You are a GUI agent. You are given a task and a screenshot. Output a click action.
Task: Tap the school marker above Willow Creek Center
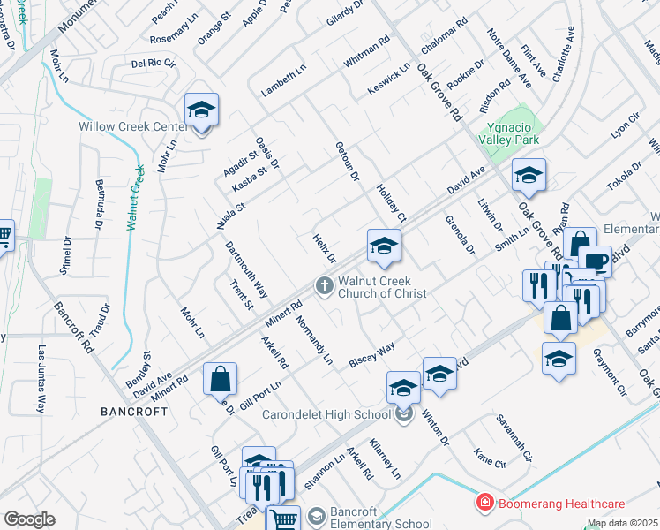(202, 110)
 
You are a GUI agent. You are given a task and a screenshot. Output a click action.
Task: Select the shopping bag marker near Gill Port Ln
(221, 379)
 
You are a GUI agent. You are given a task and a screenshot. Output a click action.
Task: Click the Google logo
(29, 519)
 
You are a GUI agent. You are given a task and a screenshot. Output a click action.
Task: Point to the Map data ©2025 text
(621, 523)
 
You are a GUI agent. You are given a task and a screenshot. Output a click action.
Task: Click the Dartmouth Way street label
(245, 269)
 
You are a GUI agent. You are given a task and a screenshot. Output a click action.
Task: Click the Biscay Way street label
(371, 355)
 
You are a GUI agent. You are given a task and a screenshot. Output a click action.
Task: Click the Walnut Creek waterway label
(135, 195)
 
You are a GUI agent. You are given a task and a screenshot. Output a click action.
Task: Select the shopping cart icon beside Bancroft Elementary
(283, 519)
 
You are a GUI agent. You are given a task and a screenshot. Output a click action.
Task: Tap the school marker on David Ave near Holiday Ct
(384, 246)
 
